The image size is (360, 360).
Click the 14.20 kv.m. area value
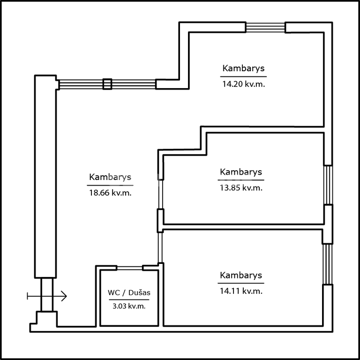(243, 84)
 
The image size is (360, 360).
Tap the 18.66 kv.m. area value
(110, 193)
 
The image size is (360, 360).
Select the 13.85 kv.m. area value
(241, 188)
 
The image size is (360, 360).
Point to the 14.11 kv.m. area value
(241, 291)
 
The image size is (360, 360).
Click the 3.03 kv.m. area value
(129, 306)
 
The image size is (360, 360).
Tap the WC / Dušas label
(129, 292)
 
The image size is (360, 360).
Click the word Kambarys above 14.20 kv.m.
(243, 68)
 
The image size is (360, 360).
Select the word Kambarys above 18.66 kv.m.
(110, 177)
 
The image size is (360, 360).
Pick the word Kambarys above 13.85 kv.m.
(241, 172)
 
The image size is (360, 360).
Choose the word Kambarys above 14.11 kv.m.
(241, 275)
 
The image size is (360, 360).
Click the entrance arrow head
(64, 296)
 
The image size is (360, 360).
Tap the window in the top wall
(266, 27)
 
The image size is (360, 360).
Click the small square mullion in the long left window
(107, 84)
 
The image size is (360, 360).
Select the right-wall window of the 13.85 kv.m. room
(328, 185)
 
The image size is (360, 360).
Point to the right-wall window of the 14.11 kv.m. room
(327, 264)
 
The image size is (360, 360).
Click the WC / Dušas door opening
(130, 268)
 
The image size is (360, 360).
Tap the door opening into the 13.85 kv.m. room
(161, 194)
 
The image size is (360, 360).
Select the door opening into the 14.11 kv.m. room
(160, 247)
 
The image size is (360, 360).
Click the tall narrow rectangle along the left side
(45, 177)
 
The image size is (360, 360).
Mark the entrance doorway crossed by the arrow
(47, 295)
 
